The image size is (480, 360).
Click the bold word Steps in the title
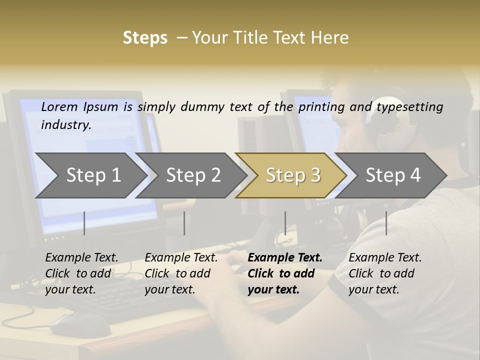pos(145,38)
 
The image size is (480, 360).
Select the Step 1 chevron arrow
pos(93,175)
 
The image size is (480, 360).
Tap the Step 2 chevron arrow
pos(193,175)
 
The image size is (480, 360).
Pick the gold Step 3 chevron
pos(292,175)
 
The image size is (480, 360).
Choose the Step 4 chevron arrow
pos(392,175)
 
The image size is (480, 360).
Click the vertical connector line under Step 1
pos(84,223)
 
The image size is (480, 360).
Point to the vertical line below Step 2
pos(184,223)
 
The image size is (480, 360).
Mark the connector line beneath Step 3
pos(285,223)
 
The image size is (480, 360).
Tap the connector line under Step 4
pos(386,223)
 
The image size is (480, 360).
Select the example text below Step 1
pos(81,273)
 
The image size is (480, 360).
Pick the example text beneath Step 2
pos(180,273)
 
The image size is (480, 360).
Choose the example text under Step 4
pos(384,273)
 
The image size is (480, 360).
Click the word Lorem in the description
pos(59,106)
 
